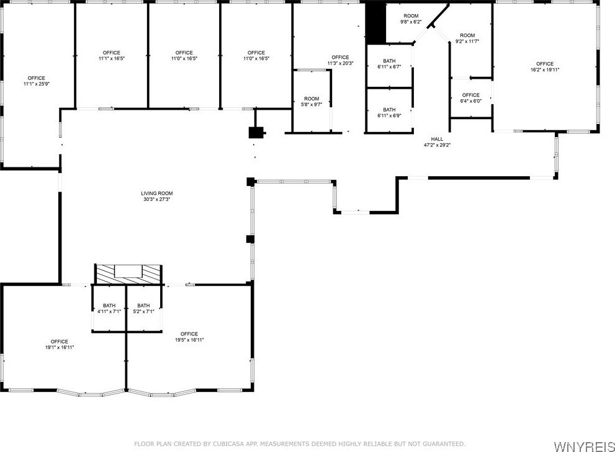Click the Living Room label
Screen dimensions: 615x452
click(x=157, y=193)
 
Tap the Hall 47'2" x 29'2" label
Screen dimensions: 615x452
click(x=437, y=142)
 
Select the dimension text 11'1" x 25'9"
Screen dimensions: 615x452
click(x=37, y=84)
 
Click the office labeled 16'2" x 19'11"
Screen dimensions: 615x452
click(x=545, y=66)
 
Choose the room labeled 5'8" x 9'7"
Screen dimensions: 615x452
click(x=312, y=102)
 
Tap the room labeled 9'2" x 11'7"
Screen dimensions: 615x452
click(x=467, y=38)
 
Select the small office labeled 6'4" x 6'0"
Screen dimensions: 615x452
click(x=470, y=97)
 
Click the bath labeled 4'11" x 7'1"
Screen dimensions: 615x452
click(x=109, y=308)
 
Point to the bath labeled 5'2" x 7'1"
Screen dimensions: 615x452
click(x=143, y=308)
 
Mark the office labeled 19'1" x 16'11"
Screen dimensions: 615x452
click(x=59, y=344)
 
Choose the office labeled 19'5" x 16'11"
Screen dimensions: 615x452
click(x=189, y=337)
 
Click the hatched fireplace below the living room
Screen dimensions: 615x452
click(x=128, y=274)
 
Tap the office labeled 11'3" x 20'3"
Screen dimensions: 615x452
click(x=340, y=60)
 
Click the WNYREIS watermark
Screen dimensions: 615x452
click(x=584, y=446)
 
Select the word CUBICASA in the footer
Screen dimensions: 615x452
click(x=228, y=444)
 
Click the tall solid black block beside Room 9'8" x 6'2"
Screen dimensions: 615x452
click(x=375, y=24)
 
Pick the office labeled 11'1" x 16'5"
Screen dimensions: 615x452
click(x=111, y=55)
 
